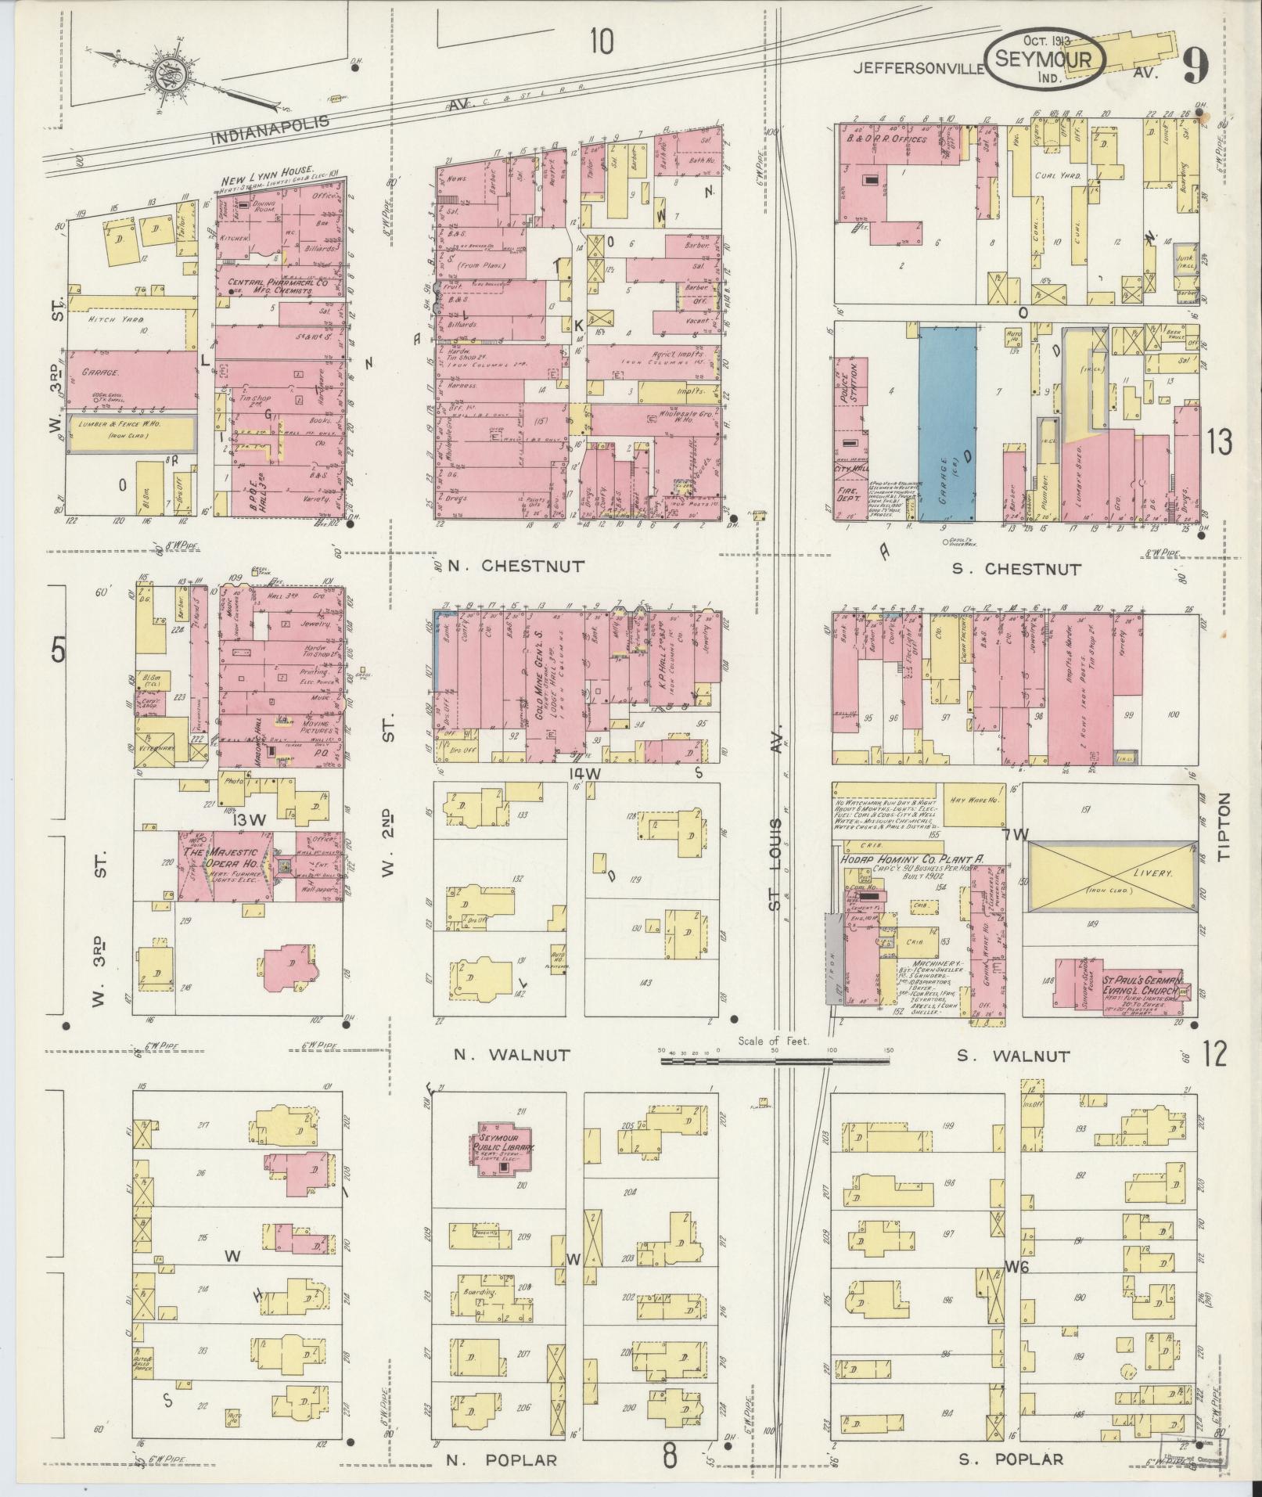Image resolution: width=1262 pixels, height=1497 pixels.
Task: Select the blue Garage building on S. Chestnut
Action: pos(947,424)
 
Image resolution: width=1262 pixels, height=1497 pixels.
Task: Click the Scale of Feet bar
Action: pos(775,1062)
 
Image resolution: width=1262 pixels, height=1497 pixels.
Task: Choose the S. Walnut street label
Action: pos(1013,1056)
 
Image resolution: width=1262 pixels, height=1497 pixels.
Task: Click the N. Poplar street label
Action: pos(502,1459)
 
